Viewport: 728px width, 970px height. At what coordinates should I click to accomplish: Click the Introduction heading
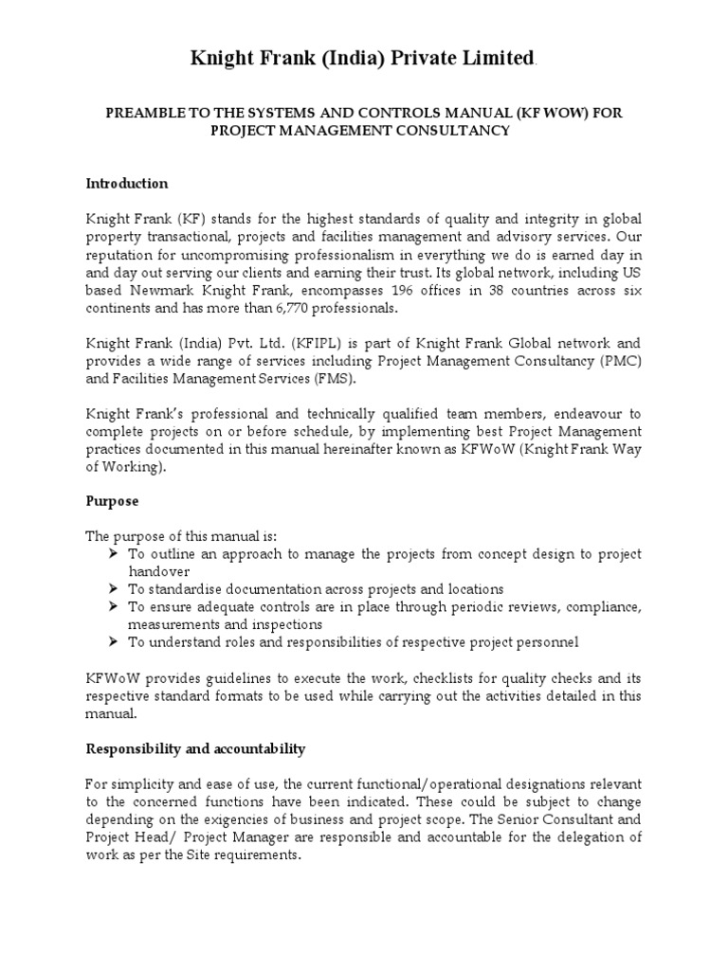click(x=127, y=183)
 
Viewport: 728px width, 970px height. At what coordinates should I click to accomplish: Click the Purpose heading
click(x=112, y=501)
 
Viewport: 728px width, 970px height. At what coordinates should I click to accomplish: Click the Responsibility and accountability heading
click(x=195, y=748)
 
